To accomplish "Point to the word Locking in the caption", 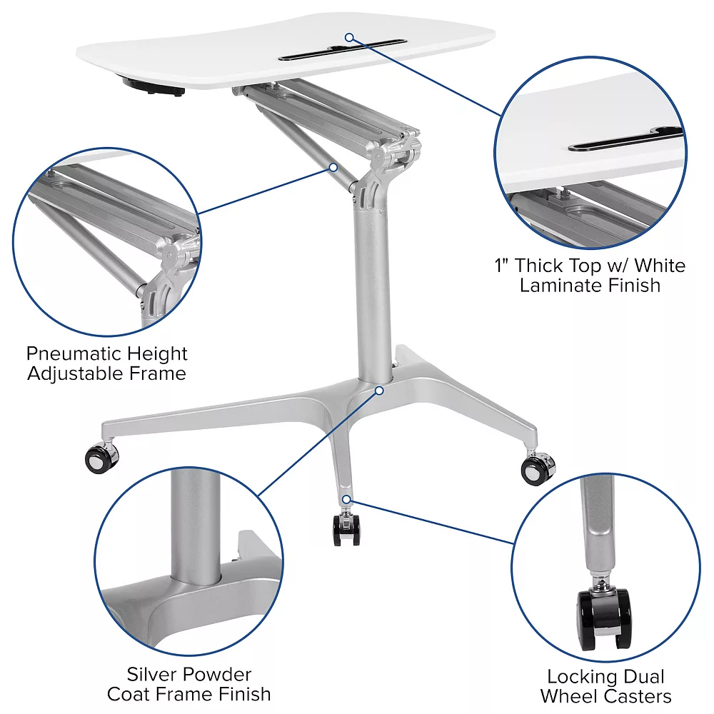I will (575, 677).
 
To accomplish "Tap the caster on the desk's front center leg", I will (346, 529).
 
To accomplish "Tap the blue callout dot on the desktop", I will (349, 37).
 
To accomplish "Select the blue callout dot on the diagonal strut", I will (333, 167).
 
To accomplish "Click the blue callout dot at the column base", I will (379, 391).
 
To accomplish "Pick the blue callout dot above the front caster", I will (346, 499).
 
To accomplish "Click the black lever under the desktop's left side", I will (153, 88).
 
